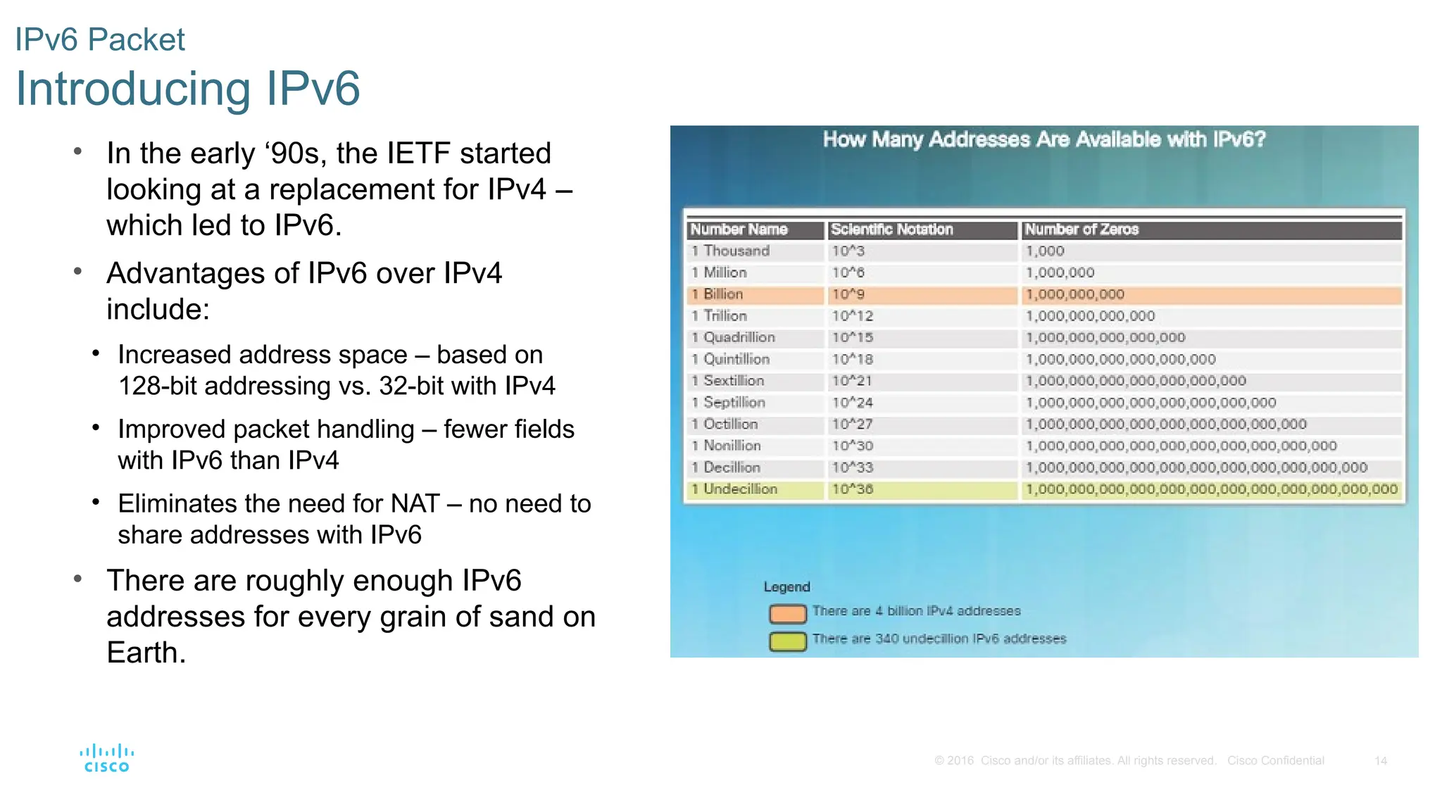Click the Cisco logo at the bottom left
coord(106,758)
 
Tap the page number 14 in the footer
coord(1380,761)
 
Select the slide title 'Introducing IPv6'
coord(187,89)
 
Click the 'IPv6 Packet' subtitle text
coord(100,39)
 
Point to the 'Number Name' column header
coord(739,230)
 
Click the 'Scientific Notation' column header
coord(891,230)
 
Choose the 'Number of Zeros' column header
coord(1081,230)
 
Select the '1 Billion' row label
coord(717,294)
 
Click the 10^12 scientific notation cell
coord(852,316)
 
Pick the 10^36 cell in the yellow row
coord(852,489)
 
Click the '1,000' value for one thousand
coord(1045,251)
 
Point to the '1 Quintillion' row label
coord(730,360)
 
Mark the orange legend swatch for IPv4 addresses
coord(787,614)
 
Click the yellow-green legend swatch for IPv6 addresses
coord(787,641)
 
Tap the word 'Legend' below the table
coord(786,587)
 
